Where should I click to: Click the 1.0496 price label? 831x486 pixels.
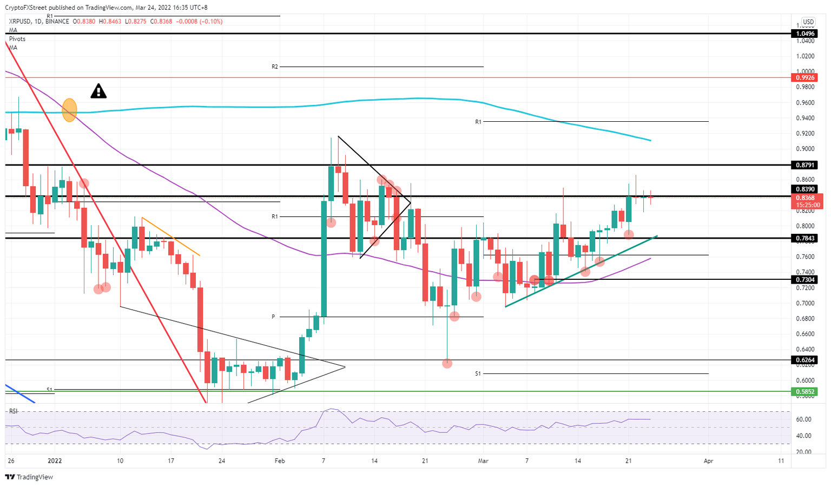[806, 34]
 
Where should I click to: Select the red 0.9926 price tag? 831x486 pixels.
[806, 78]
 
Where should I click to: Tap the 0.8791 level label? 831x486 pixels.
[806, 165]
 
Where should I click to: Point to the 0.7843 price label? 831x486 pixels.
[806, 238]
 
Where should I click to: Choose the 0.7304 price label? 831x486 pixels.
[806, 279]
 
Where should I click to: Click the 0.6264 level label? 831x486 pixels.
[806, 360]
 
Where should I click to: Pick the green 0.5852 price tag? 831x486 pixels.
[806, 391]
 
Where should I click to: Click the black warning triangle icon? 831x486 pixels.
[98, 91]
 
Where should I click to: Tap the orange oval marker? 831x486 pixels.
[69, 110]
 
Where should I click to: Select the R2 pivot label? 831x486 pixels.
[275, 67]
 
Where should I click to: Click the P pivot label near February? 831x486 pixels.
[274, 317]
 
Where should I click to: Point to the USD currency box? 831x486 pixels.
[808, 22]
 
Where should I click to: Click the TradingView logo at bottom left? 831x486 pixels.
[29, 477]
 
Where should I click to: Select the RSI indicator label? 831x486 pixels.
[13, 411]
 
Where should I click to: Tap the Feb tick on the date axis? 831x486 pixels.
[280, 461]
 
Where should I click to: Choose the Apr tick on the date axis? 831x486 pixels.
[708, 461]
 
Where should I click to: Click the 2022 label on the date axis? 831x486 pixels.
[55, 461]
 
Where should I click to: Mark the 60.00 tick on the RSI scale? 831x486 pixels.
[803, 419]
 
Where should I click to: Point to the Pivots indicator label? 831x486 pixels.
[17, 39]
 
